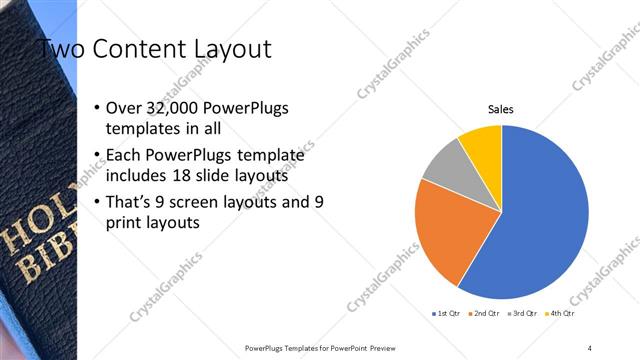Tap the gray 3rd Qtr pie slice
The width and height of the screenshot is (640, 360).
[443, 165]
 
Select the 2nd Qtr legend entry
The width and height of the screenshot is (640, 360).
[485, 313]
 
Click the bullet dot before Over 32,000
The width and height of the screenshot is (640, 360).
[95, 108]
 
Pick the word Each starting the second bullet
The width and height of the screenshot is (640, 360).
[124, 156]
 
